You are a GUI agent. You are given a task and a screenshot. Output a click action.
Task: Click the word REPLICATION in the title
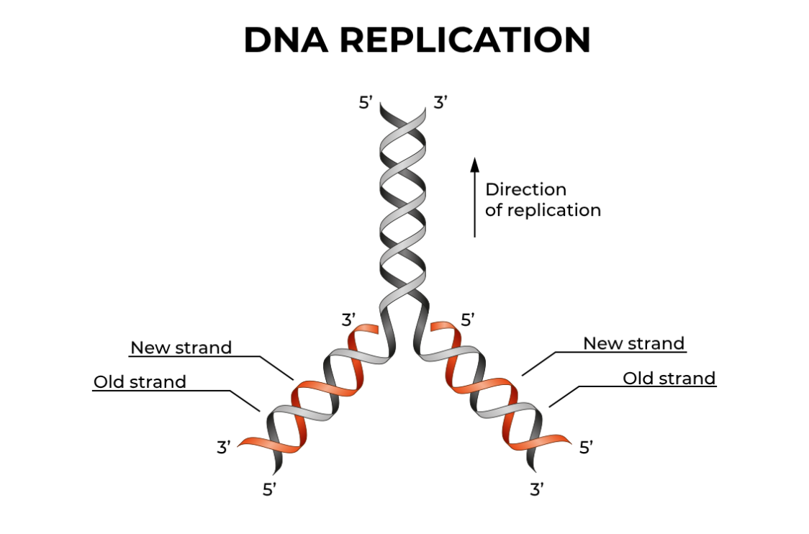[465, 40]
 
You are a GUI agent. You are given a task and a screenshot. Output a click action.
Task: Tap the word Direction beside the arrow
[525, 190]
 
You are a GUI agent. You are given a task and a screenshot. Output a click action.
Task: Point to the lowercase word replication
[554, 211]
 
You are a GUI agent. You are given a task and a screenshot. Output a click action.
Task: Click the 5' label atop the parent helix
[366, 103]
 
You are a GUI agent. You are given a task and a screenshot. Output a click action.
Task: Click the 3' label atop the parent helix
[441, 103]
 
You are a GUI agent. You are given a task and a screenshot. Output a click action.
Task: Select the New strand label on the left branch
[181, 348]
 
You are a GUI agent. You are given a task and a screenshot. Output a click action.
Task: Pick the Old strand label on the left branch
[140, 382]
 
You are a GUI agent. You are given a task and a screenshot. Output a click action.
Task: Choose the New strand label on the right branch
[633, 344]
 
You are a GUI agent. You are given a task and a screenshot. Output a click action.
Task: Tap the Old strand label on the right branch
[669, 379]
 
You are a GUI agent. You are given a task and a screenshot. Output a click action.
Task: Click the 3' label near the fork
[350, 320]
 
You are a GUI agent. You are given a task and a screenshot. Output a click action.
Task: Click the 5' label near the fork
[469, 320]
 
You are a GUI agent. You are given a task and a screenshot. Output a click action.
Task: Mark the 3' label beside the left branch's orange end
[224, 448]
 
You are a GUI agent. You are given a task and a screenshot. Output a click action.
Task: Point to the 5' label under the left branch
[270, 491]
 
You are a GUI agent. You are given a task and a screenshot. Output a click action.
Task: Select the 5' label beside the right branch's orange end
[587, 448]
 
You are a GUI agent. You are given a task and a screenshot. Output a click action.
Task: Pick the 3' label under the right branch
[537, 491]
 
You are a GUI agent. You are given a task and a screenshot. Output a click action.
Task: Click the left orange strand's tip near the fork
[371, 329]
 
